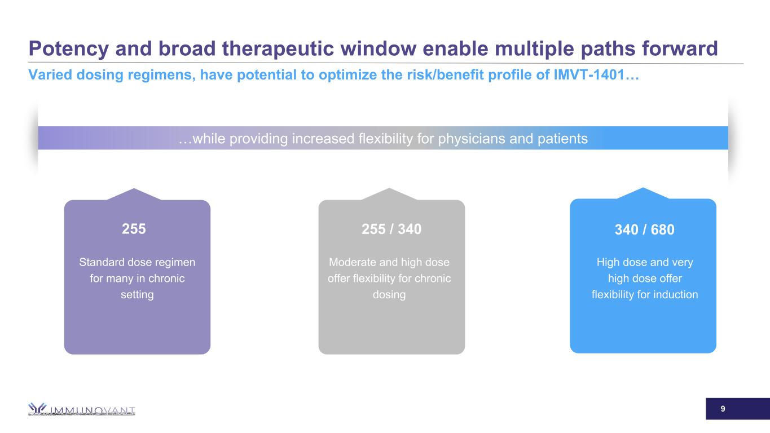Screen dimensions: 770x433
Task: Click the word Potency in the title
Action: [x=69, y=49]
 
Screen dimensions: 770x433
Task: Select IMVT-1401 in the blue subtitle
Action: [x=589, y=74]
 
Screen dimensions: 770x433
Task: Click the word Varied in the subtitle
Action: [x=50, y=74]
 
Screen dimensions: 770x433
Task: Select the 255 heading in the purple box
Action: [x=134, y=229]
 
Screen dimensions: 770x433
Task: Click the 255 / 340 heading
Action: [x=391, y=229]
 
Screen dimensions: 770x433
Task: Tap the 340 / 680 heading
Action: [x=644, y=229]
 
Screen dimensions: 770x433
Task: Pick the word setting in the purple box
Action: [x=137, y=294]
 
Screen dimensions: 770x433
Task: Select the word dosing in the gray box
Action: [x=389, y=294]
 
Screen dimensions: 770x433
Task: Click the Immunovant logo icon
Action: [x=37, y=408]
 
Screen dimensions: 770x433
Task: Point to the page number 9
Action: [x=723, y=409]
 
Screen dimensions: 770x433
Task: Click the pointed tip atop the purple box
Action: [x=134, y=189]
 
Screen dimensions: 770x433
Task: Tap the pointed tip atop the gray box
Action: [x=389, y=188]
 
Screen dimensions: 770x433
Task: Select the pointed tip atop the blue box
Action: [x=643, y=188]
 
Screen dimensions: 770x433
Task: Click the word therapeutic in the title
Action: [x=278, y=49]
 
